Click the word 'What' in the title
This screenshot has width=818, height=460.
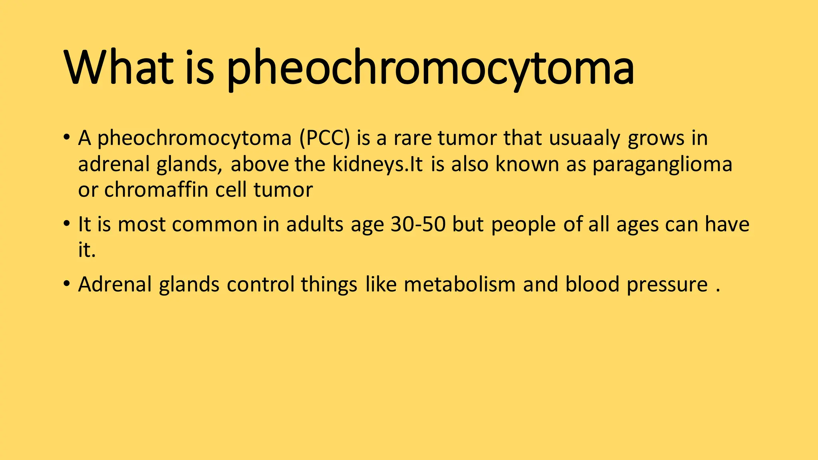pyautogui.click(x=118, y=67)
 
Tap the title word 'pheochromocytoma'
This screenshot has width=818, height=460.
pyautogui.click(x=430, y=68)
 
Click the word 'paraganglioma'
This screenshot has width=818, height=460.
pyautogui.click(x=662, y=165)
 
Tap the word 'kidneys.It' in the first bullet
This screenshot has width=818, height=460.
pyautogui.click(x=377, y=165)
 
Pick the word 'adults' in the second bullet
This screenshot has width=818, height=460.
pyautogui.click(x=314, y=224)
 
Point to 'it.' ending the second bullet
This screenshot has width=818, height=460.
pyautogui.click(x=87, y=250)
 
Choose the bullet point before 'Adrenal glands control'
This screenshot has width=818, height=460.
pyautogui.click(x=66, y=284)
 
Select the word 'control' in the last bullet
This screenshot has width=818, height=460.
pyautogui.click(x=260, y=285)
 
